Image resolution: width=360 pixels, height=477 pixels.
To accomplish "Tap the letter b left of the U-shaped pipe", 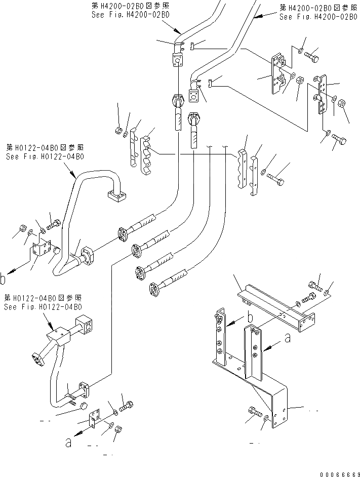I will click(x=4, y=277).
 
